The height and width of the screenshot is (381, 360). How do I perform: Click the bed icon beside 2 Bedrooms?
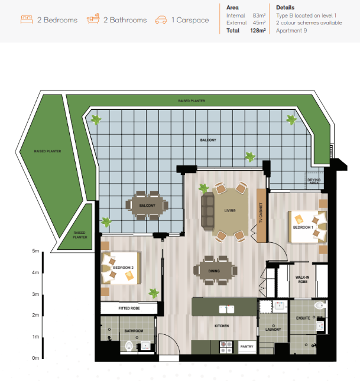pos(27,19)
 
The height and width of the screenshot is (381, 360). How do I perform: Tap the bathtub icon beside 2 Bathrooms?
pos(93,18)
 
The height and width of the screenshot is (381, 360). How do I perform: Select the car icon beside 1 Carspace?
pos(161,19)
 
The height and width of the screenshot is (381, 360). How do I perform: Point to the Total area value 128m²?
pos(258,31)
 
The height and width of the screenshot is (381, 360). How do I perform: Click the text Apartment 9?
pos(291,31)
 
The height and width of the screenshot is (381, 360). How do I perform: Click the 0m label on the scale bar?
pos(35,358)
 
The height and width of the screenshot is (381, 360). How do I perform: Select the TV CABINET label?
pos(261,213)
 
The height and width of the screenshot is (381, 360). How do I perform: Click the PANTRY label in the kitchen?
pos(247,347)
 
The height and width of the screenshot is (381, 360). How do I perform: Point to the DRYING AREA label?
pos(314,181)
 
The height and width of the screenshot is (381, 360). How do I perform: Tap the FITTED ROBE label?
pos(129,308)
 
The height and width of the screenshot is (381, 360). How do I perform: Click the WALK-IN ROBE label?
pos(302,279)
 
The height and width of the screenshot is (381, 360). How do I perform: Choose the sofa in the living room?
pos(207,211)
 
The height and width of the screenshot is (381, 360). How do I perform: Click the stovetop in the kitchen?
pos(226,347)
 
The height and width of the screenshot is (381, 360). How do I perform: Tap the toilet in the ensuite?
pos(319,305)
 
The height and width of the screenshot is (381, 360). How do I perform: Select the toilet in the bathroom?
pos(129,346)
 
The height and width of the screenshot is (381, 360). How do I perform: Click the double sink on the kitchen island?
pos(226,310)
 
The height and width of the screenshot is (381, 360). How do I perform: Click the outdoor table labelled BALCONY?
pos(147,206)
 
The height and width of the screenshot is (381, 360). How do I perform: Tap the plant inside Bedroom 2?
pos(154,293)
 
